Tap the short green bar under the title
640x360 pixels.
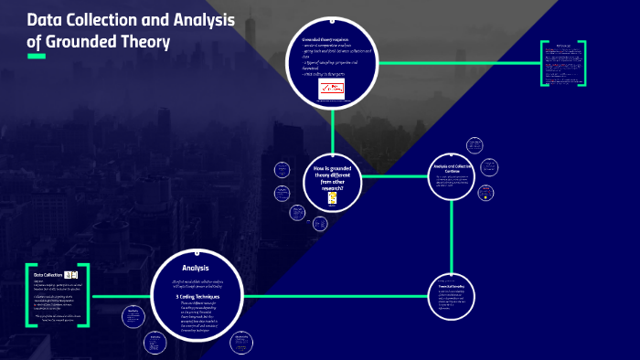(37, 57)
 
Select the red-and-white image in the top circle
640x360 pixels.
(330, 89)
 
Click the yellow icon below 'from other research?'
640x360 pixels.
(332, 197)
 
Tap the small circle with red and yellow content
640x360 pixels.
(486, 194)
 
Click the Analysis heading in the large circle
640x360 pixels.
(196, 268)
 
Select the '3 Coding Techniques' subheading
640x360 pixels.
(196, 296)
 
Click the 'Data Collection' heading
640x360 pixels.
(48, 275)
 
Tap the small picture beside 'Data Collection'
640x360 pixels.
(71, 274)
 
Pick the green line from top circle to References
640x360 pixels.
(457, 63)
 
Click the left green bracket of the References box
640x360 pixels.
(543, 64)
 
